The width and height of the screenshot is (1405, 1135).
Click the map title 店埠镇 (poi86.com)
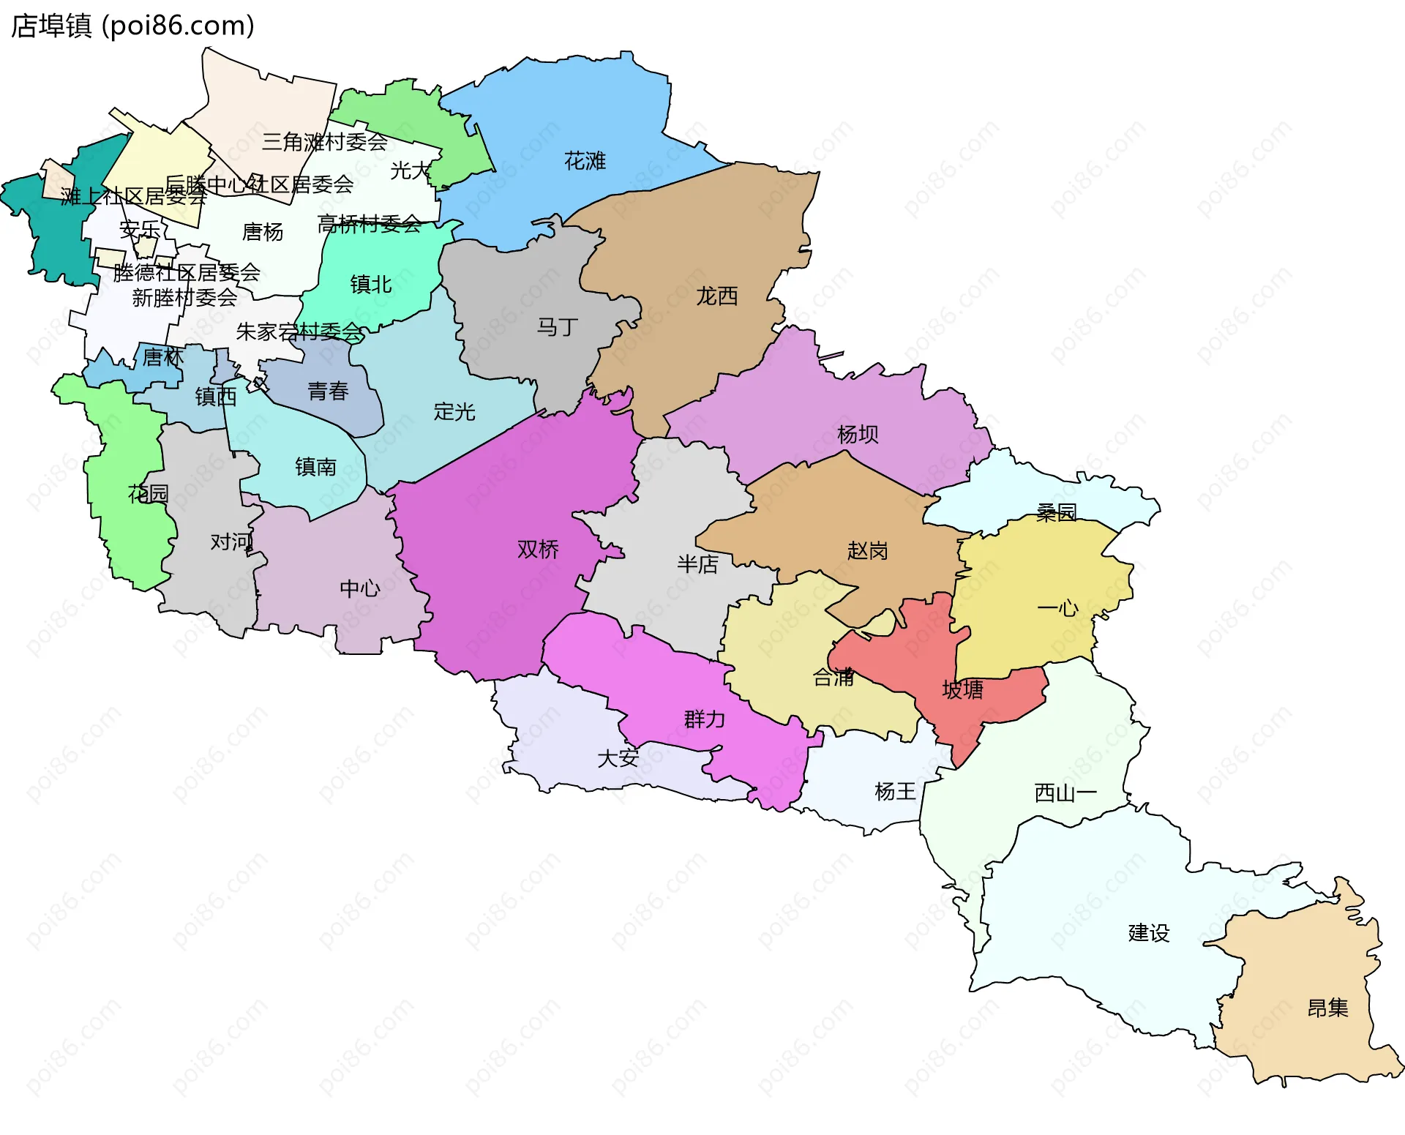[132, 26]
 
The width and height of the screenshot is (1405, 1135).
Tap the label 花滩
[585, 161]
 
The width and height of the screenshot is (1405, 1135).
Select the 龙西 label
[716, 296]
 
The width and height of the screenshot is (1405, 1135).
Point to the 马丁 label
[558, 327]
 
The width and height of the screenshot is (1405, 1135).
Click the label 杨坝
[857, 435]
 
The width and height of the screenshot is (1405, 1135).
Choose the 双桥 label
[538, 550]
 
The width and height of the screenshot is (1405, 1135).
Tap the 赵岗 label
[867, 551]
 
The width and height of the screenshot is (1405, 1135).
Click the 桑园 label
[1056, 512]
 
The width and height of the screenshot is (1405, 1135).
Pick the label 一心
[1057, 608]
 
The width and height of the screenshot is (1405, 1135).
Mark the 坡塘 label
[962, 689]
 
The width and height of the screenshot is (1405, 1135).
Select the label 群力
[704, 719]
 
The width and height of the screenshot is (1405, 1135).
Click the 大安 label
[618, 758]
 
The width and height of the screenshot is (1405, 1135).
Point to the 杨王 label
[895, 791]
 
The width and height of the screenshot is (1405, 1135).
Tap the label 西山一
[1065, 793]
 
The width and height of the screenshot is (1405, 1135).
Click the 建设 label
[1148, 933]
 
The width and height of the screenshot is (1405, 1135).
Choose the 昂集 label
[1327, 1008]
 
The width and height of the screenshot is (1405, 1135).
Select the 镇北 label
[371, 284]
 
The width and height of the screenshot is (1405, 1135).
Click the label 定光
[454, 412]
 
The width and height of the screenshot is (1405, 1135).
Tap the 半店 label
[697, 564]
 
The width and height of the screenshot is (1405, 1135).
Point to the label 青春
[328, 392]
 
